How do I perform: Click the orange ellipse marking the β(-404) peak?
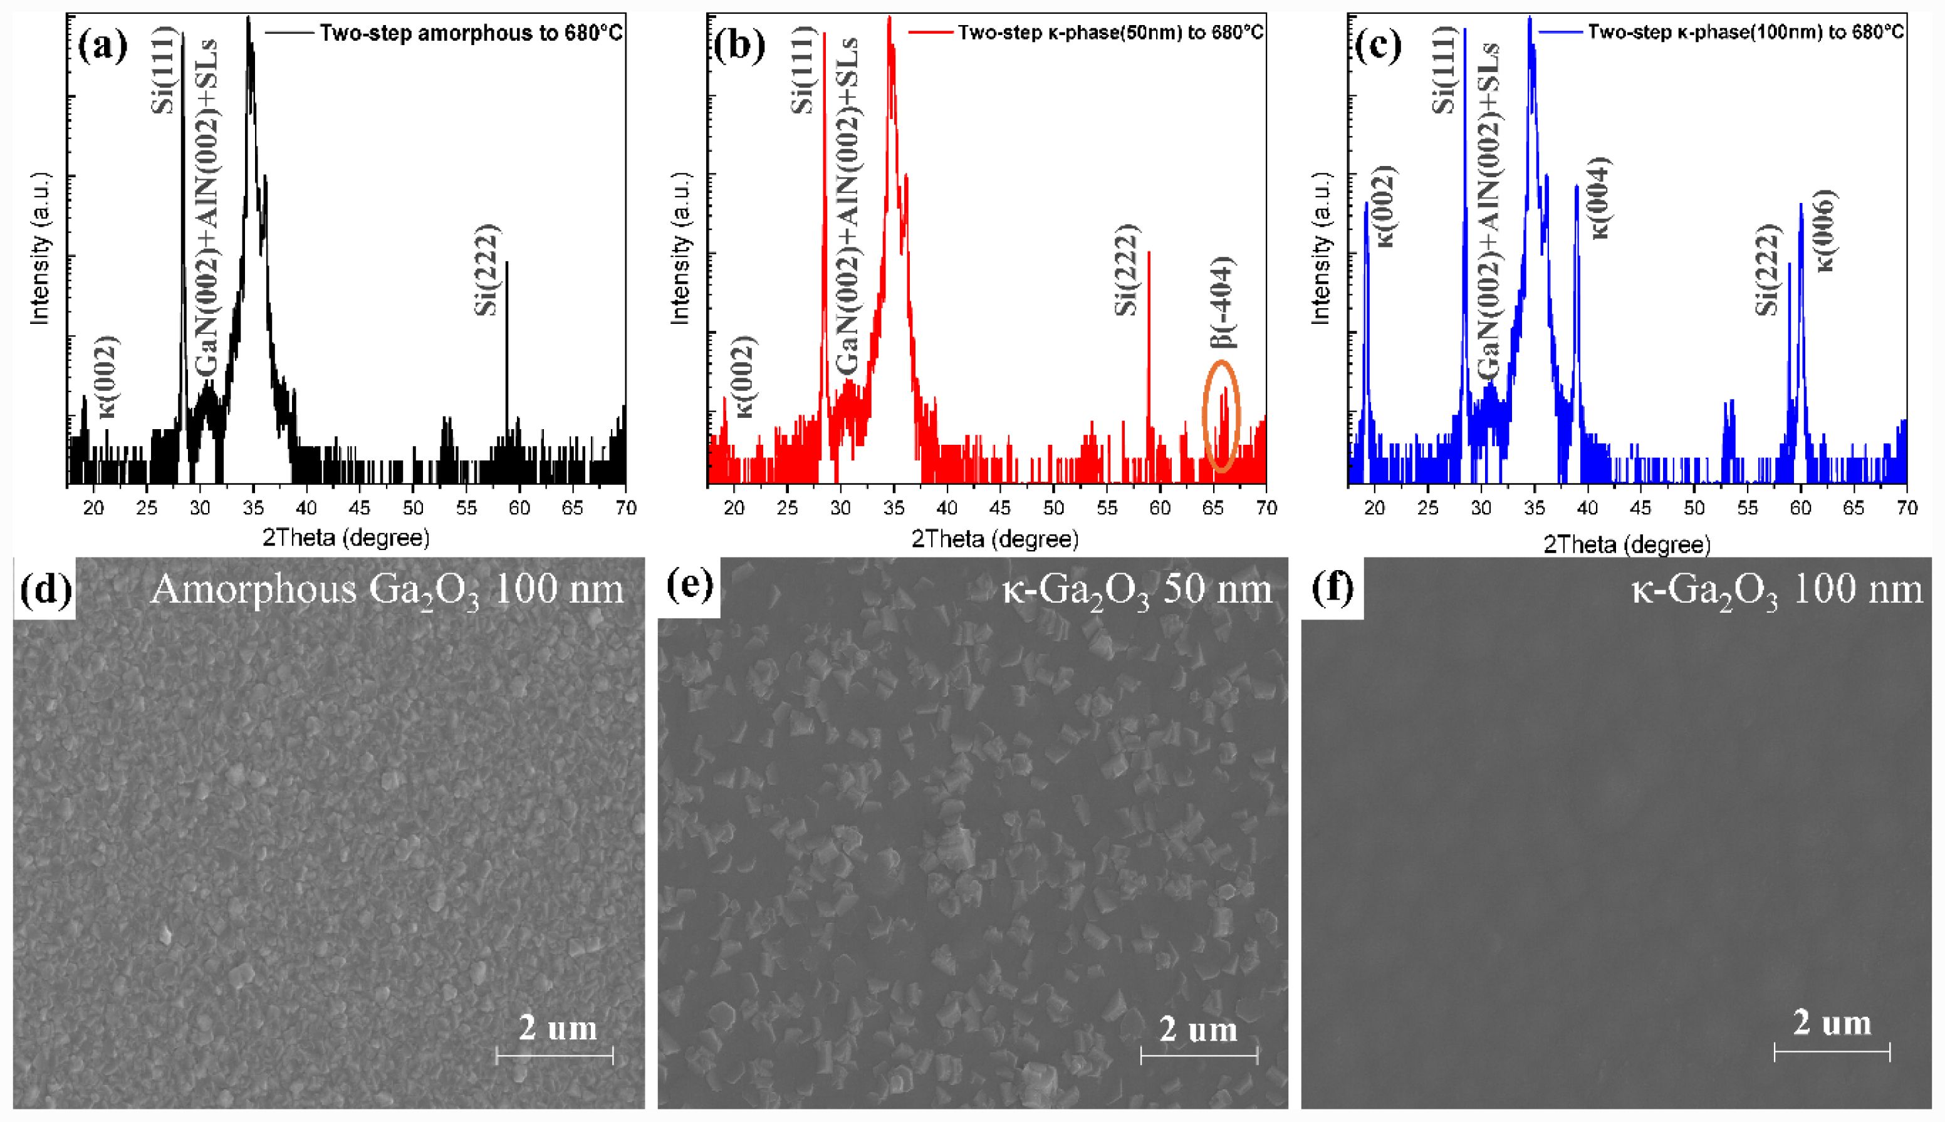[x=1221, y=415]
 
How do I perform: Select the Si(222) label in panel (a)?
[x=488, y=271]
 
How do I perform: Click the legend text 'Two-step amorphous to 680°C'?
[x=470, y=34]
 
